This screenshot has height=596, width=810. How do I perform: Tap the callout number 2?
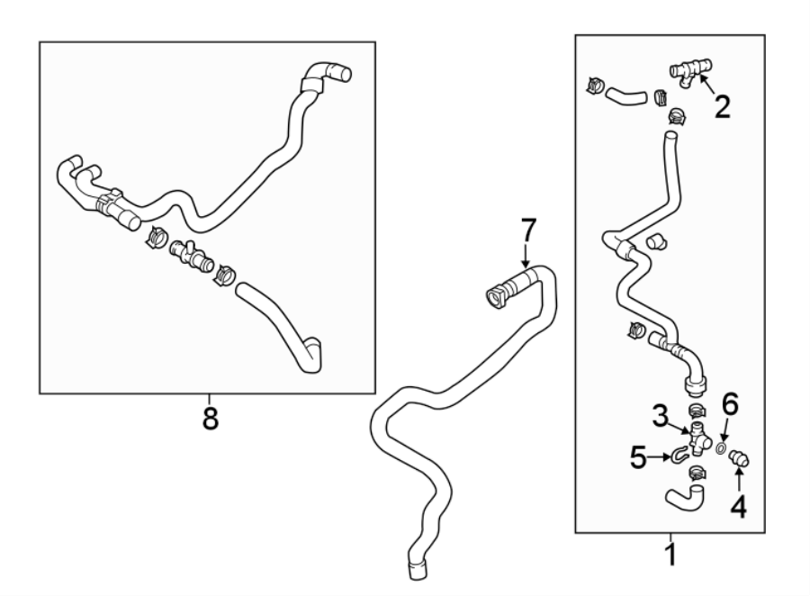722,107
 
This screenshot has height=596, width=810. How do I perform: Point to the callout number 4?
738,507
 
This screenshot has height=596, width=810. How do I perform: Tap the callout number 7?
528,231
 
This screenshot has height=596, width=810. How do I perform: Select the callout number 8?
209,419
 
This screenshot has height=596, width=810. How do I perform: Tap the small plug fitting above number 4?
740,458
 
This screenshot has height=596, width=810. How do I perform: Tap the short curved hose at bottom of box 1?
685,497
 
